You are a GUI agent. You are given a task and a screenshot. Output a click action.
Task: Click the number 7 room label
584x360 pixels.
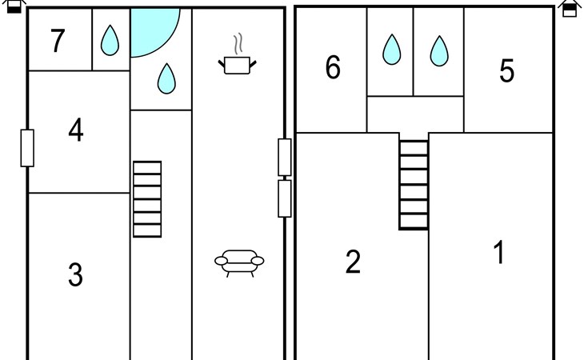57,41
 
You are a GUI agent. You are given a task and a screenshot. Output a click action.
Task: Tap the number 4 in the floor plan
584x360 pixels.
75,130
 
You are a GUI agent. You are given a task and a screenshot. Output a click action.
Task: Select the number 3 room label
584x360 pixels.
74,275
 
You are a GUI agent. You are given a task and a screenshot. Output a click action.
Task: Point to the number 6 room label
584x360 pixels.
333,69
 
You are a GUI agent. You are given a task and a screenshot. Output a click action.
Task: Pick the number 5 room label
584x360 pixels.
506,71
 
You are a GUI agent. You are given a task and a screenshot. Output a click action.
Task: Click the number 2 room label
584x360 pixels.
353,262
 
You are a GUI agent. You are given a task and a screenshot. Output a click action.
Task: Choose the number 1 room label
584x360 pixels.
498,253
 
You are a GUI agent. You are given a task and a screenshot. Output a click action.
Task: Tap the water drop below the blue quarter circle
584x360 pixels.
166,78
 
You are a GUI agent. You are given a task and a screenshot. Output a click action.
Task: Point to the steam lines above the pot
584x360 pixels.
237,42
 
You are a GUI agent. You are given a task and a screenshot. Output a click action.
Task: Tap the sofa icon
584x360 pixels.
239,262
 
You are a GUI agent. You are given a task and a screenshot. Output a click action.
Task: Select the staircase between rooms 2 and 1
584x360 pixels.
414,185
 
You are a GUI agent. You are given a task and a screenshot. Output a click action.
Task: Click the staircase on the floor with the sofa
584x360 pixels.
147,199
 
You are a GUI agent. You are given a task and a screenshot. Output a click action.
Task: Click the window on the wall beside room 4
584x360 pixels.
27,148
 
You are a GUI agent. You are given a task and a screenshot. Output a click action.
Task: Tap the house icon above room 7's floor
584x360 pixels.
14,8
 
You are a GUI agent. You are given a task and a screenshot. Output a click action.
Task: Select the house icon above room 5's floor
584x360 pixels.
570,8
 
